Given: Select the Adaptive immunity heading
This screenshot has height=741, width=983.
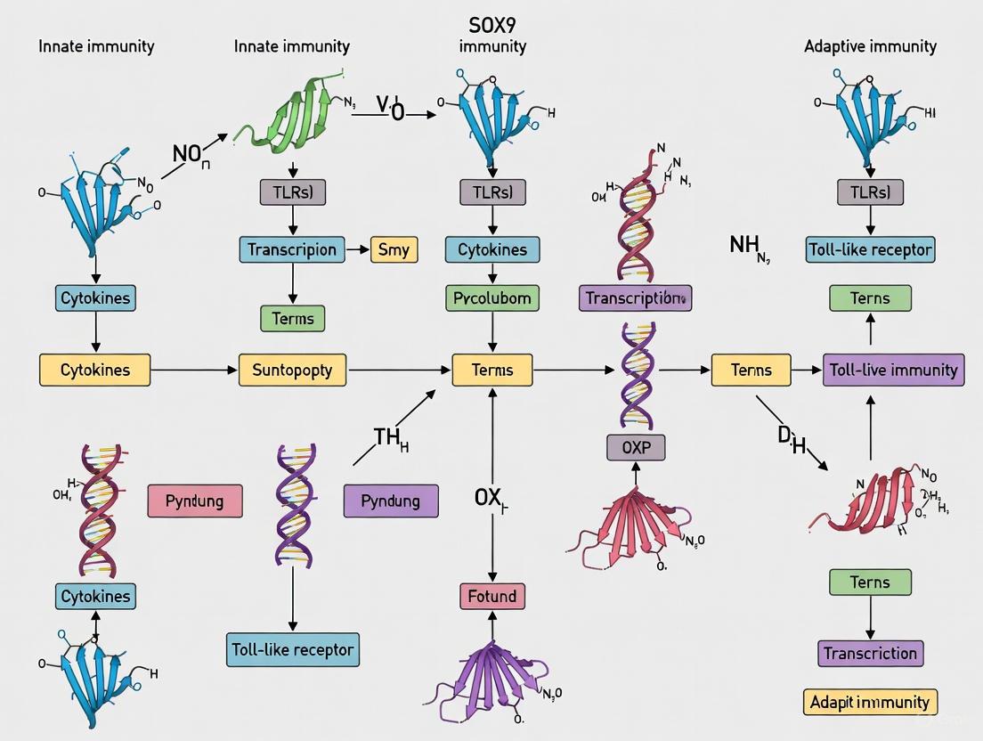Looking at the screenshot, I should [870, 45].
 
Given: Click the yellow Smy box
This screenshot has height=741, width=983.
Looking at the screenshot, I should [394, 249].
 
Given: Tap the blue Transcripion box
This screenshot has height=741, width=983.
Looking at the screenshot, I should [292, 249].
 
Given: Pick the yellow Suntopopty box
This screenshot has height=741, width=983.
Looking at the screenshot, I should [292, 370].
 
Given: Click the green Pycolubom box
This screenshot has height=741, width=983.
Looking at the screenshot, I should [492, 298].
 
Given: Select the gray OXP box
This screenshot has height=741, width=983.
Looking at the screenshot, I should [636, 447].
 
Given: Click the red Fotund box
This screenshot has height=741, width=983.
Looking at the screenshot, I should [492, 596].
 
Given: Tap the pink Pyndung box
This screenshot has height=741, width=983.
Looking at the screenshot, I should [194, 501].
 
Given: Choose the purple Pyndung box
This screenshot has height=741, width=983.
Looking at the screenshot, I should [391, 501].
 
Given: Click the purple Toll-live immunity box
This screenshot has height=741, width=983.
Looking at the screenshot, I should [893, 370].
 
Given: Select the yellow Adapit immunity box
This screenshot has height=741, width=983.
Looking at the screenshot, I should [870, 702].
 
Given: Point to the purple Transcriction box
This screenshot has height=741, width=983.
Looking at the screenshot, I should [870, 653].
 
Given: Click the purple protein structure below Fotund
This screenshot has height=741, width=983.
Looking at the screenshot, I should [492, 681].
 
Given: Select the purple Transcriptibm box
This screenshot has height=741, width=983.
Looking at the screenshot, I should [635, 298].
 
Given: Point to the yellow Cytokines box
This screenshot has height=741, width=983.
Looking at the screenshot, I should [95, 370].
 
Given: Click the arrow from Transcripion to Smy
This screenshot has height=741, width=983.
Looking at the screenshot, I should [356, 249].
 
